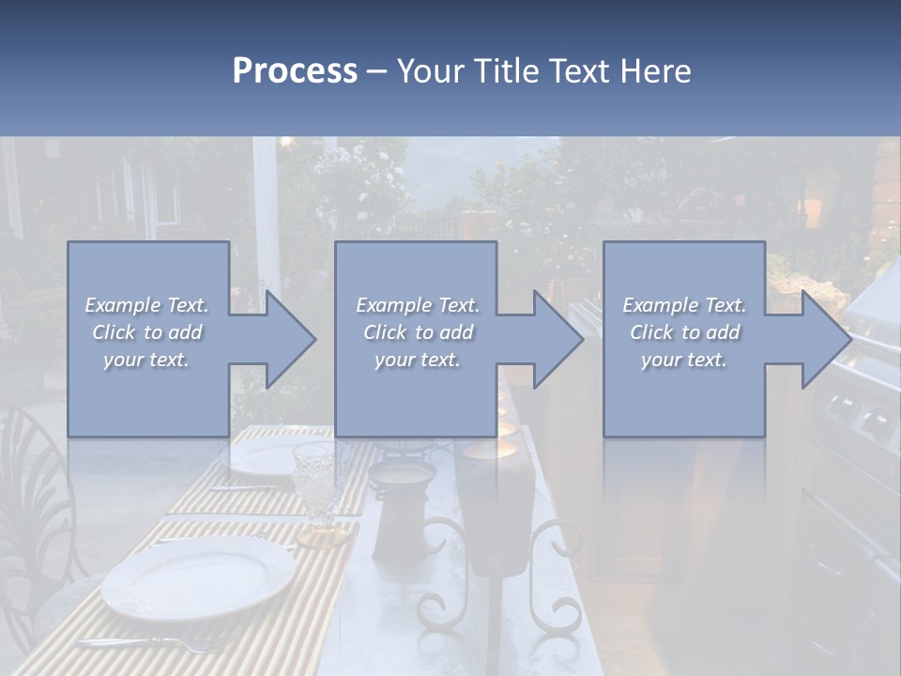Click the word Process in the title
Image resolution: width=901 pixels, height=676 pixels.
[295, 70]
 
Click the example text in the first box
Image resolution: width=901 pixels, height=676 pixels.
[147, 331]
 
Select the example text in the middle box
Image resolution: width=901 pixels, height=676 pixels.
[418, 331]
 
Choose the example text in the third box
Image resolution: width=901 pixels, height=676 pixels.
[684, 331]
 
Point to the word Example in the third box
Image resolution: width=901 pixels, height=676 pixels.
[660, 305]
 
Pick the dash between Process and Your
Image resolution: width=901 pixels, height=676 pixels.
[377, 71]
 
